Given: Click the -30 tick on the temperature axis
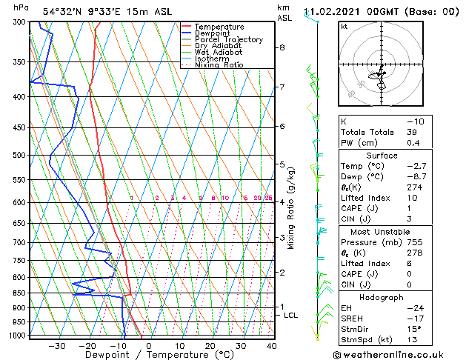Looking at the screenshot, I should (56, 346).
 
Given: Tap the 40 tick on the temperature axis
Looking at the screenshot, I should (271, 346).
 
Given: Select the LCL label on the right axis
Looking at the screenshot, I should (291, 316).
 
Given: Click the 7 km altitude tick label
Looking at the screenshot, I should (282, 87).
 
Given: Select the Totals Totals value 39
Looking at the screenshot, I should (412, 131).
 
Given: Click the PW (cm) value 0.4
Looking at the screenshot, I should (412, 143).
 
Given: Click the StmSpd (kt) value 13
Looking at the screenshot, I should (412, 340).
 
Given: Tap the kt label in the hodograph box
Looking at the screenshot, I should (344, 26).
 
